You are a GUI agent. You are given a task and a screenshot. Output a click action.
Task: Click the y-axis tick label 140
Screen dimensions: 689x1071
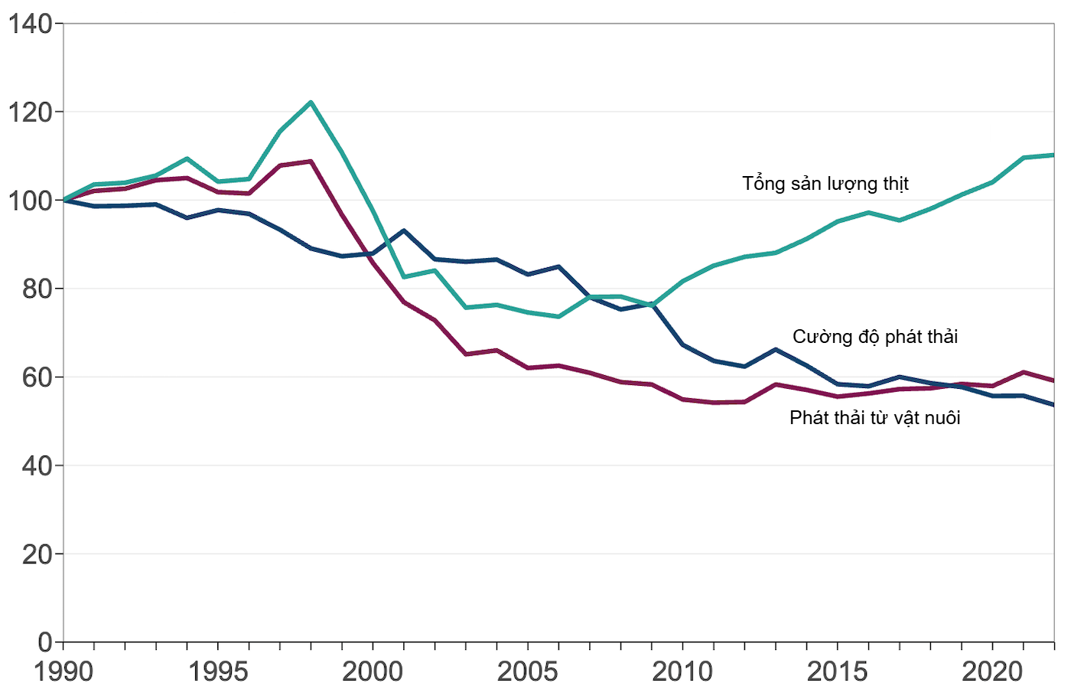point(31,24)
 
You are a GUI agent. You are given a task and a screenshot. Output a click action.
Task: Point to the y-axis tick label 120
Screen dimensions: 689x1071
point(31,113)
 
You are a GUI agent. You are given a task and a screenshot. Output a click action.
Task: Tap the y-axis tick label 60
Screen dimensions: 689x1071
point(37,377)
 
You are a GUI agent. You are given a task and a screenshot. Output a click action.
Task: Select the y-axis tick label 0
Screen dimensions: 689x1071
point(45,642)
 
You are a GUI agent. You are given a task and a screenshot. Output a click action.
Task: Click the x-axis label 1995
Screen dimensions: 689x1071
point(218,671)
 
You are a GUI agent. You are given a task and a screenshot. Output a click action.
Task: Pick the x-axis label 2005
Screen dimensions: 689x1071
point(527,671)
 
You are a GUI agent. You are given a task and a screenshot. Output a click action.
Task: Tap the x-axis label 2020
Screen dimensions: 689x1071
point(991,671)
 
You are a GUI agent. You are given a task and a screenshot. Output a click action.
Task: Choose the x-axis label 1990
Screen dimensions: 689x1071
point(63,671)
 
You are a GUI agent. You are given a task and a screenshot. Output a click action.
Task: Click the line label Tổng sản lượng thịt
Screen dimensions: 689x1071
point(825,184)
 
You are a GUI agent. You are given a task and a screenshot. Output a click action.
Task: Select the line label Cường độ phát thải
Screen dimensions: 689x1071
point(874,337)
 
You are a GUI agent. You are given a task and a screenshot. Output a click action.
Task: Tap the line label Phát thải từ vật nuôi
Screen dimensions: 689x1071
point(874,418)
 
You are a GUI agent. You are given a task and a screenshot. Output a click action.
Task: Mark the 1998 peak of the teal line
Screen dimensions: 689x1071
point(311,102)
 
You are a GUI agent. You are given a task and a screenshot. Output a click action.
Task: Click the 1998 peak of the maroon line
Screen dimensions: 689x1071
point(311,162)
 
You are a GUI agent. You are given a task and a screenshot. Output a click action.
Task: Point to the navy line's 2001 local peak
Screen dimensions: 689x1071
point(404,230)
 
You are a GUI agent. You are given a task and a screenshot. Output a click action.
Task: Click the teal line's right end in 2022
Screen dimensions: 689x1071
point(1053,155)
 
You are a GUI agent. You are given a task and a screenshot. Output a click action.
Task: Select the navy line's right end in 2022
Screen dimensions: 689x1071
point(1053,405)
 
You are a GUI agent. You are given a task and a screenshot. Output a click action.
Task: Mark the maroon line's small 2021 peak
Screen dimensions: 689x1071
point(1024,372)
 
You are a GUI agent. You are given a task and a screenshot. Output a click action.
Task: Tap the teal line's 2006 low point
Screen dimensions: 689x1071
point(558,316)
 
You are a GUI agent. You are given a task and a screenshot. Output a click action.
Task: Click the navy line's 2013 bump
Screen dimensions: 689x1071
point(776,350)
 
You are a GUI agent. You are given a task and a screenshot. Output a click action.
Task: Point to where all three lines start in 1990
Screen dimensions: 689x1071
point(64,201)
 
